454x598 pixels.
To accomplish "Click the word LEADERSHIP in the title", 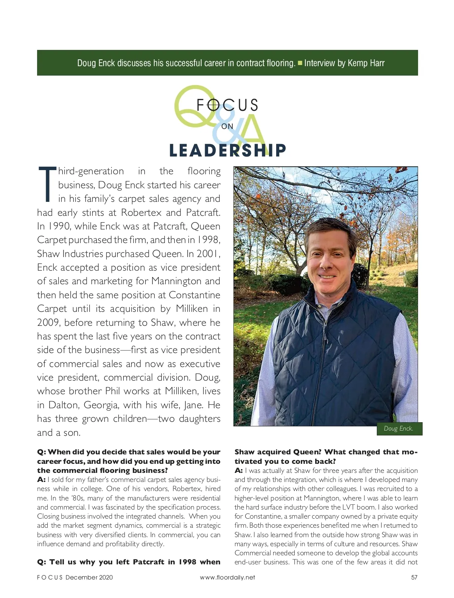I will (x=227, y=150).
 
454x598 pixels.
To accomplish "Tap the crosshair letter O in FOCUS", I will (x=213, y=105).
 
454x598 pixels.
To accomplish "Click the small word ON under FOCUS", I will (x=227, y=126).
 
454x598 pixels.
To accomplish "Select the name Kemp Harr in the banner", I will (x=366, y=63).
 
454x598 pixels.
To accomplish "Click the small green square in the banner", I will (x=300, y=63).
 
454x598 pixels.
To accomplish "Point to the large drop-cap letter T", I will (x=47, y=184).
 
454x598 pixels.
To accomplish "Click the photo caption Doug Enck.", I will (x=398, y=428).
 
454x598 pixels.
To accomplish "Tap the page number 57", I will (x=414, y=577).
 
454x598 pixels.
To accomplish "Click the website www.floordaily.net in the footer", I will (x=227, y=577).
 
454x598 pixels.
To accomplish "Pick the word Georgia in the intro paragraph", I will (x=101, y=405).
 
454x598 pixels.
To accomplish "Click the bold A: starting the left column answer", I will (x=41, y=479).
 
